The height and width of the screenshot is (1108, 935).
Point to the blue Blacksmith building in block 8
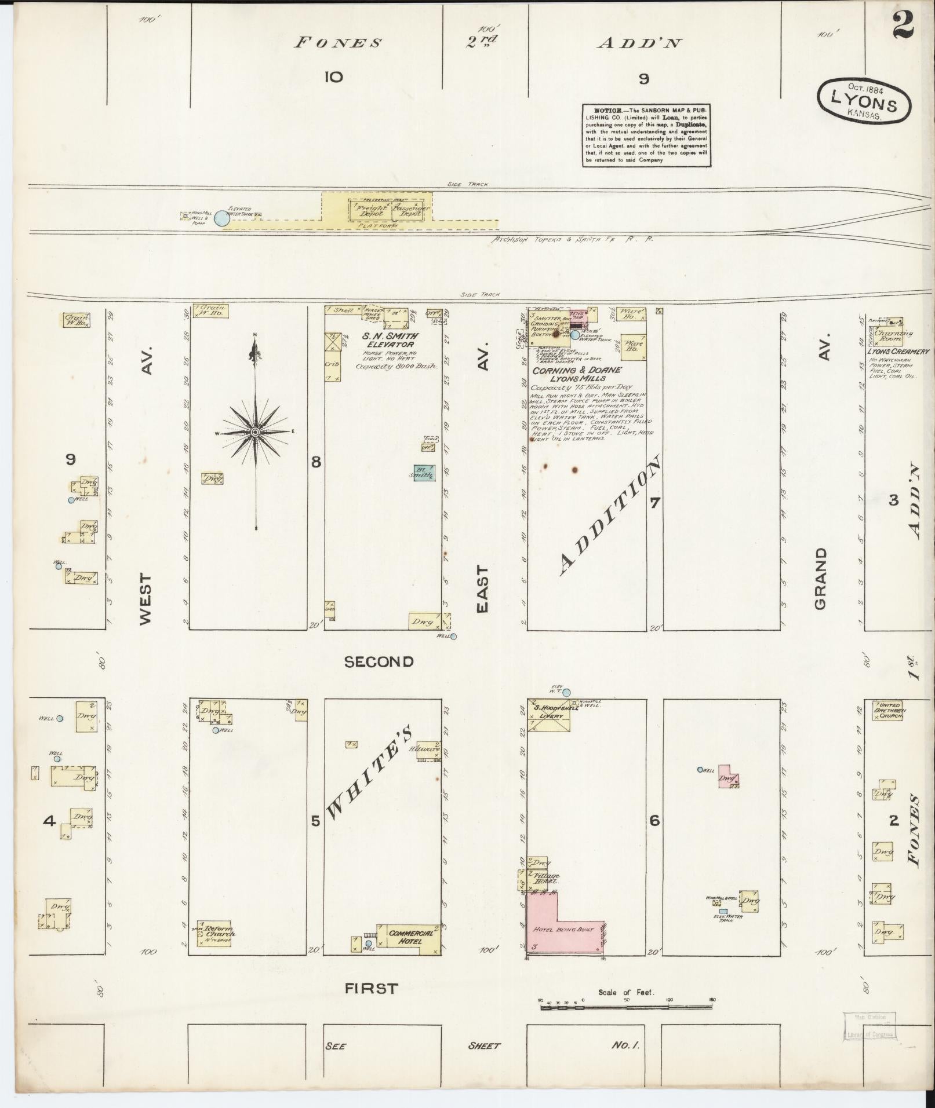[x=424, y=473]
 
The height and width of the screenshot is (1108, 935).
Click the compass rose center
[x=255, y=432]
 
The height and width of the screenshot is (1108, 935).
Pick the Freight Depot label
[x=370, y=211]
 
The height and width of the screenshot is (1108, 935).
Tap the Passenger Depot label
[x=409, y=211]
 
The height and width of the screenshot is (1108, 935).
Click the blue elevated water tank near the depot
[x=221, y=218]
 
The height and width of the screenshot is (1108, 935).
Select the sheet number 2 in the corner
[x=903, y=26]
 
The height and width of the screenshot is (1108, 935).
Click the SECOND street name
[x=379, y=662]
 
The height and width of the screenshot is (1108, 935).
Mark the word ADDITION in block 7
[x=609, y=517]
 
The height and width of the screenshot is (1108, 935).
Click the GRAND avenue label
[x=821, y=579]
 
